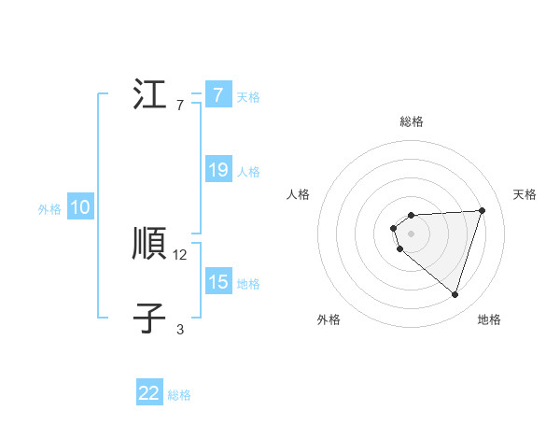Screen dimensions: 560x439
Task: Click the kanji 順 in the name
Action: pyautogui.click(x=149, y=245)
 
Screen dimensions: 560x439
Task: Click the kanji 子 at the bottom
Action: pyautogui.click(x=149, y=319)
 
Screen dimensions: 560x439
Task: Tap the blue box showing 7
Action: pyautogui.click(x=217, y=95)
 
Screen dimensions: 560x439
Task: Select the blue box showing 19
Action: pyautogui.click(x=217, y=171)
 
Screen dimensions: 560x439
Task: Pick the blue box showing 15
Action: pyautogui.click(x=217, y=282)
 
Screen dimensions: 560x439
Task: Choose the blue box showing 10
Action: pyautogui.click(x=80, y=208)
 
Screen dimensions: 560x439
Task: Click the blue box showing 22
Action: pyautogui.click(x=149, y=393)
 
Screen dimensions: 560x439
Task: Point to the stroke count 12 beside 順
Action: pyautogui.click(x=180, y=254)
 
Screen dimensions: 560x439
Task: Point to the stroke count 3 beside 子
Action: pyautogui.click(x=180, y=329)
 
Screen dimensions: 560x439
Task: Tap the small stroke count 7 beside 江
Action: pyautogui.click(x=180, y=105)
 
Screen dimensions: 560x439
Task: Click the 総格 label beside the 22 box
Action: pyautogui.click(x=179, y=395)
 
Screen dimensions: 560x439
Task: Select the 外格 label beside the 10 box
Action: pyautogui.click(x=49, y=209)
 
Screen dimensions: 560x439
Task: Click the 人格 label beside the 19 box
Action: pyautogui.click(x=248, y=172)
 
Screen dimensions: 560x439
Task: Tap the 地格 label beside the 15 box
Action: pyautogui.click(x=248, y=284)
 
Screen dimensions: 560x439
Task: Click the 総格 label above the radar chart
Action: pyautogui.click(x=411, y=121)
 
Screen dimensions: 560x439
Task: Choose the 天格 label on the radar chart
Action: pyautogui.click(x=525, y=194)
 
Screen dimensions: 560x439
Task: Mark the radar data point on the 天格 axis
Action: pyautogui.click(x=482, y=210)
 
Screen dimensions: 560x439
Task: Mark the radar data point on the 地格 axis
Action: pyautogui.click(x=455, y=294)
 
